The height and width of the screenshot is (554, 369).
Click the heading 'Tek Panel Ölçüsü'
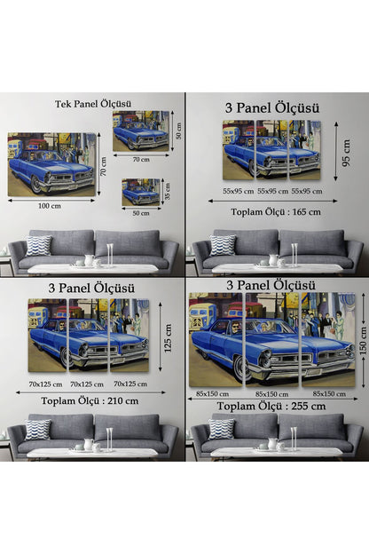click(93, 104)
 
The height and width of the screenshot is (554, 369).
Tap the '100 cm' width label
click(50, 206)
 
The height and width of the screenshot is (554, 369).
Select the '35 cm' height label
click(167, 191)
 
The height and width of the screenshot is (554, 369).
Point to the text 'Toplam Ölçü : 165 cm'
click(276, 212)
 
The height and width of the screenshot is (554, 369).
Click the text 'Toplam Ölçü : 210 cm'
click(90, 401)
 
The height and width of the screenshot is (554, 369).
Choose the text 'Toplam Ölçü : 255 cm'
click(271, 407)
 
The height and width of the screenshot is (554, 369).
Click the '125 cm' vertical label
click(168, 338)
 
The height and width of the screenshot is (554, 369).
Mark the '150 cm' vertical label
click(363, 341)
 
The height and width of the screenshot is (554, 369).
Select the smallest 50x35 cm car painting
click(141, 192)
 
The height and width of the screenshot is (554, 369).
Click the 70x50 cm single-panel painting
click(141, 131)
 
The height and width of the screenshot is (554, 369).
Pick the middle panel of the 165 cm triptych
click(272, 150)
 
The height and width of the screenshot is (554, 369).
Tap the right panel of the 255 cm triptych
click(328, 339)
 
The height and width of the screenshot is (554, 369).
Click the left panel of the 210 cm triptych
click(47, 336)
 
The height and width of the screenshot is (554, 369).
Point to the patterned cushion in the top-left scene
click(38, 246)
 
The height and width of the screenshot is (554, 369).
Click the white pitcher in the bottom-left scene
click(89, 445)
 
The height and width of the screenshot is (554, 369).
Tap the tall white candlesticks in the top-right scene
click(294, 254)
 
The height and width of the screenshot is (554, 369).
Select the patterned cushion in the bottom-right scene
click(221, 430)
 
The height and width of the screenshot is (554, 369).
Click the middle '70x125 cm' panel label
click(87, 384)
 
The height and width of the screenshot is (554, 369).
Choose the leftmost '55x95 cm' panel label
click(239, 191)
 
